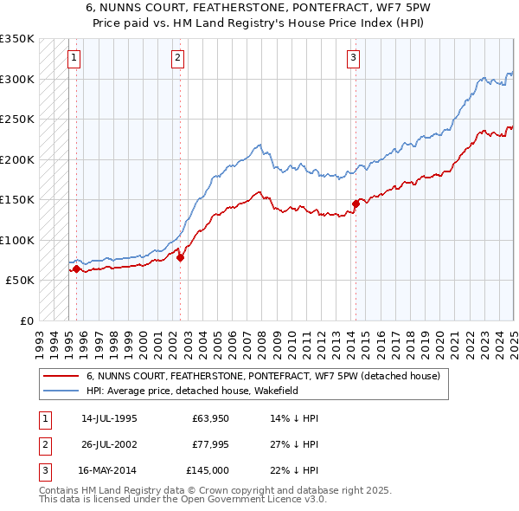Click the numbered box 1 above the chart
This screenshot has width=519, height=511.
74,58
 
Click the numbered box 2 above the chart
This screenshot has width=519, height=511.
177,58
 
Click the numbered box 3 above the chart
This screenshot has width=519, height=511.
354,58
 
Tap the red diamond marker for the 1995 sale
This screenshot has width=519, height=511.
76,269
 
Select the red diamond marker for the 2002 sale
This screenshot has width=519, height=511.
180,257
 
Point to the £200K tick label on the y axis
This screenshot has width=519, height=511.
16,159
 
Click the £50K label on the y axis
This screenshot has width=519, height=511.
20,281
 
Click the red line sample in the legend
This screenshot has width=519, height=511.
60,376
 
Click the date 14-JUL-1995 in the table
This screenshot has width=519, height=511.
108,418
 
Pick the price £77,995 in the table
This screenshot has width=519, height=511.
210,444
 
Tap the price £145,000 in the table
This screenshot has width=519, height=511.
208,470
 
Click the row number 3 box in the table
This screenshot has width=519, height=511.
43,470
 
